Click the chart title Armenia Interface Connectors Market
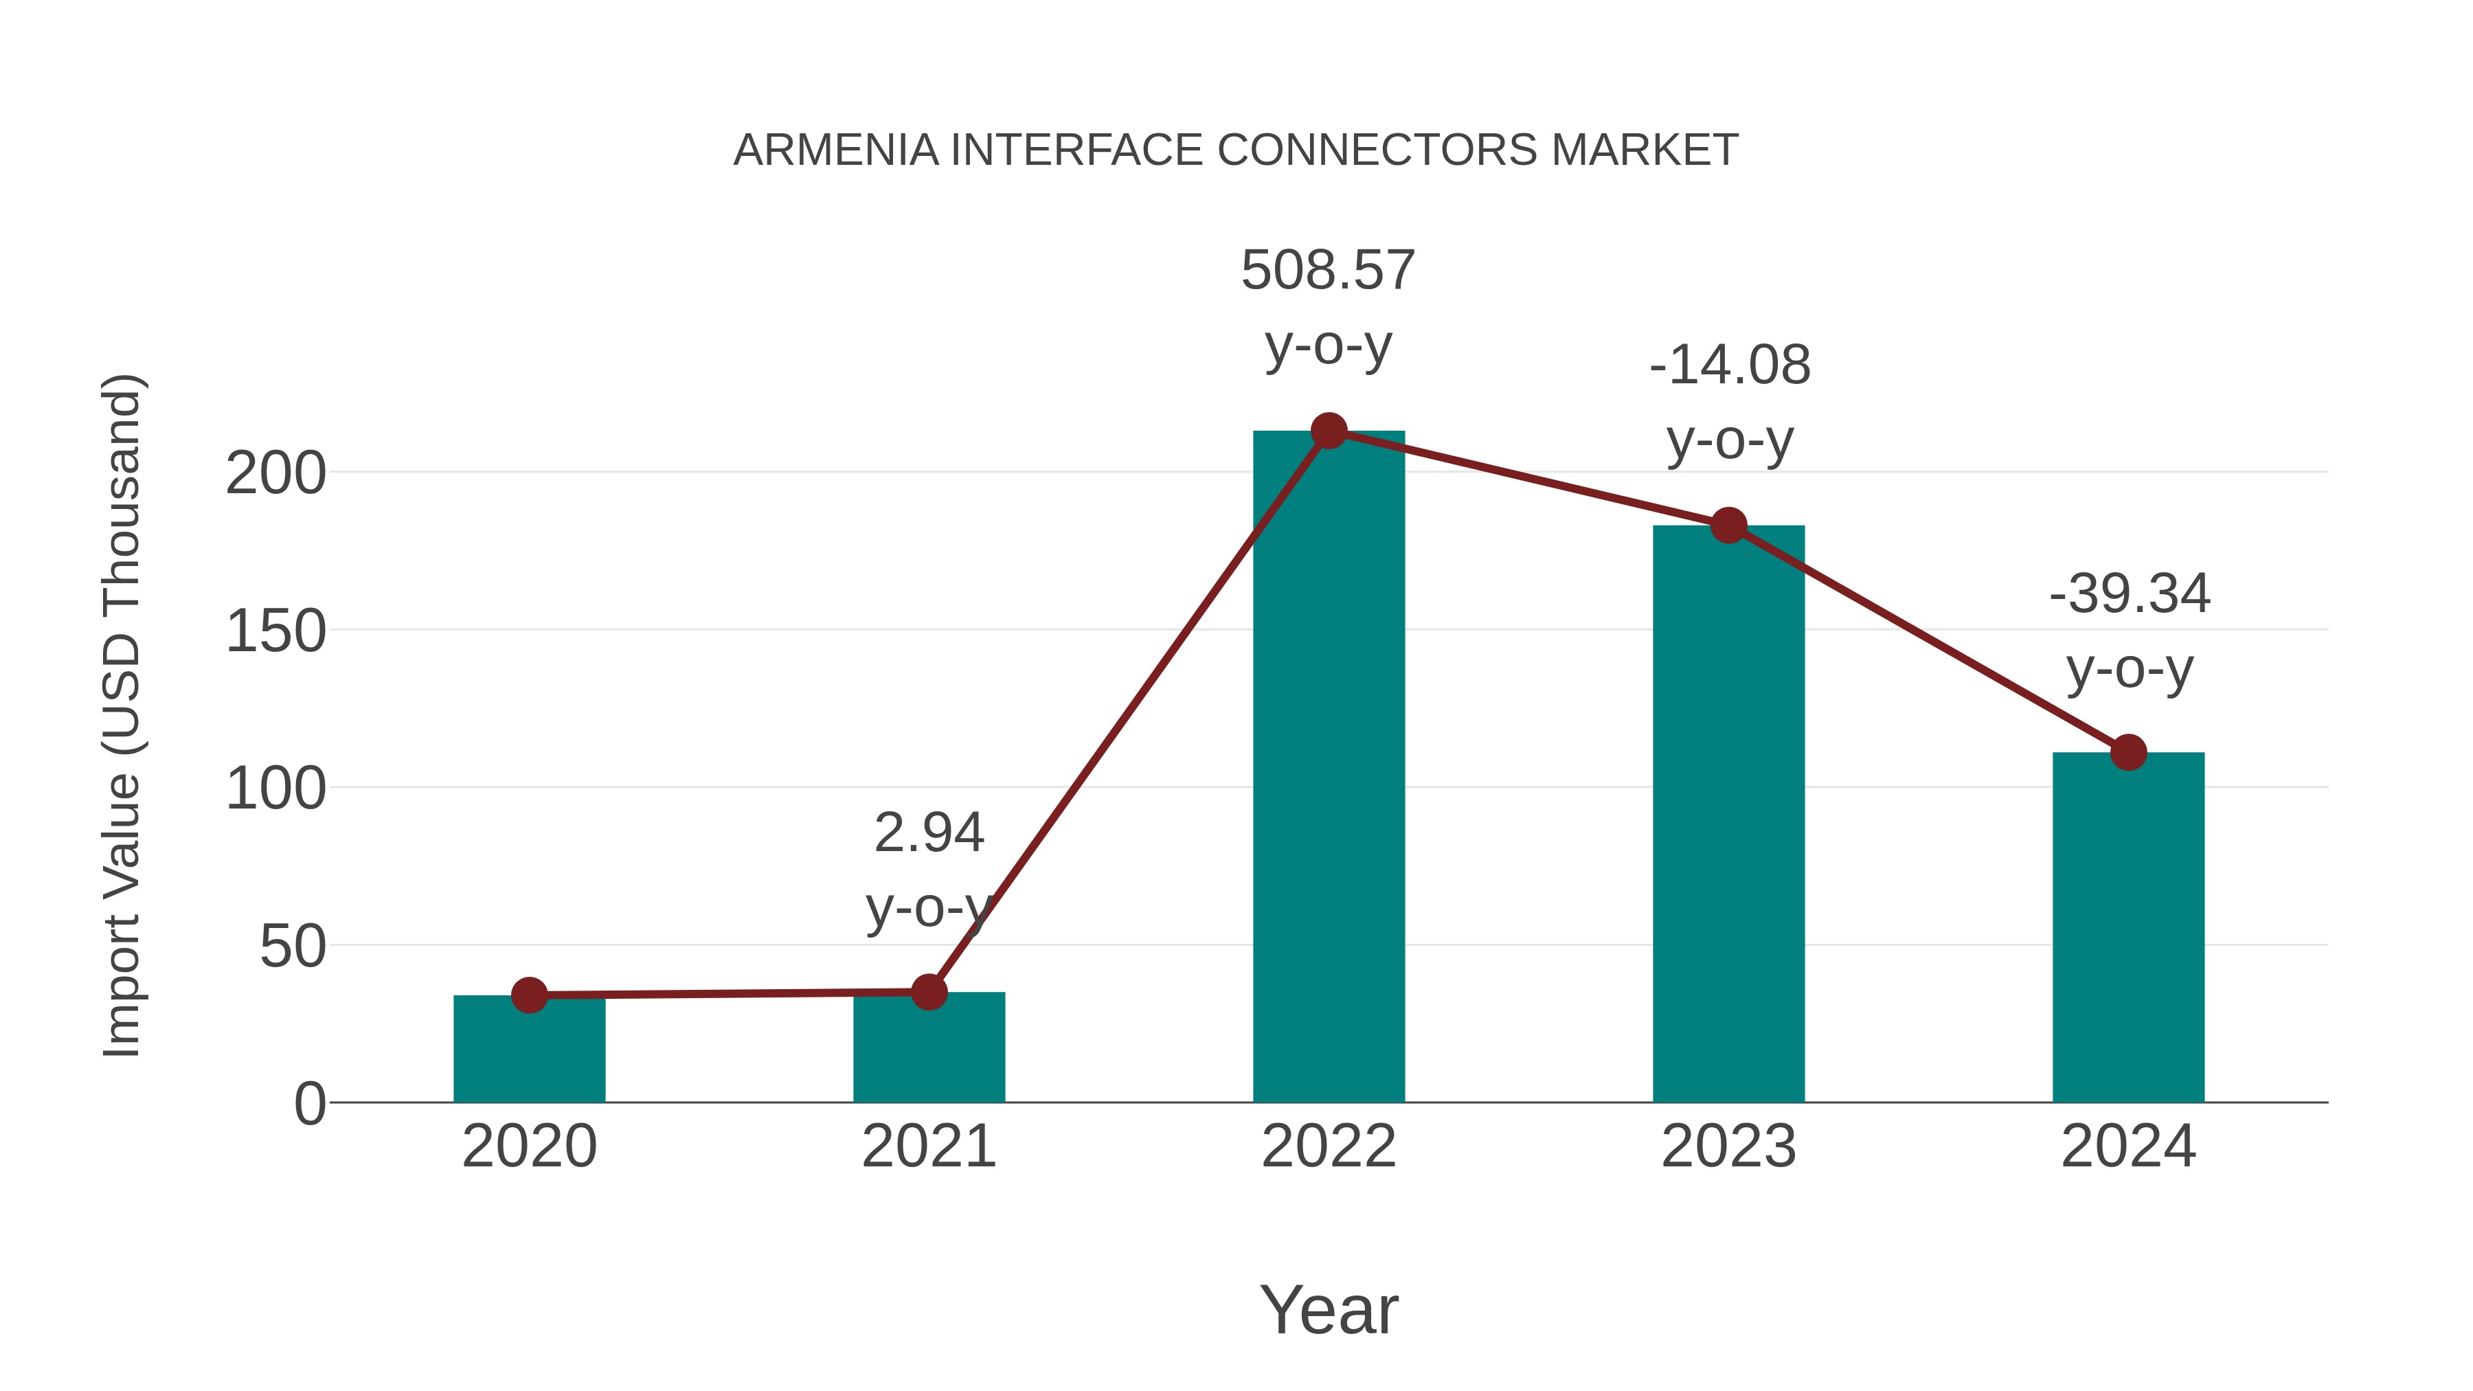1236,150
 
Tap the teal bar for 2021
928,1051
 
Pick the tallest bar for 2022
1329,768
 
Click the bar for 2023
1728,816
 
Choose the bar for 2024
2128,931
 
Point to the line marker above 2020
529,995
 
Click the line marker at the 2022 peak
1329,431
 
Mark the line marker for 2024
2128,753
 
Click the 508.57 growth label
1328,271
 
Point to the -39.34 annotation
2130,593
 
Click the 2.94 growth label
928,833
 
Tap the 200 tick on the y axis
275,473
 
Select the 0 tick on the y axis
310,1104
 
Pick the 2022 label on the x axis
1329,1146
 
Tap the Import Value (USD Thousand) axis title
123,715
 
